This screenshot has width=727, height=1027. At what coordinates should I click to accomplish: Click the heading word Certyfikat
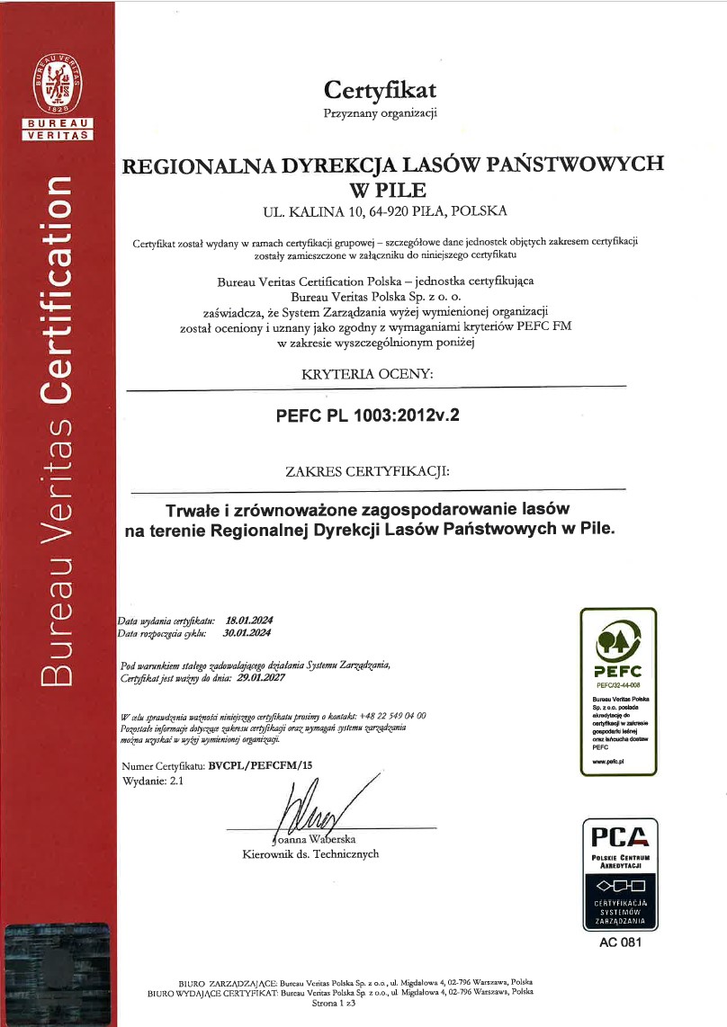(380, 90)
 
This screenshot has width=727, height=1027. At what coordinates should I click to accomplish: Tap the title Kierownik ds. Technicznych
(310, 854)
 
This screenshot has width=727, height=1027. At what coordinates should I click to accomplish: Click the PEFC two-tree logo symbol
(617, 641)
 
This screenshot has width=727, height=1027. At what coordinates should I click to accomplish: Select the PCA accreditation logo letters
(620, 836)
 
